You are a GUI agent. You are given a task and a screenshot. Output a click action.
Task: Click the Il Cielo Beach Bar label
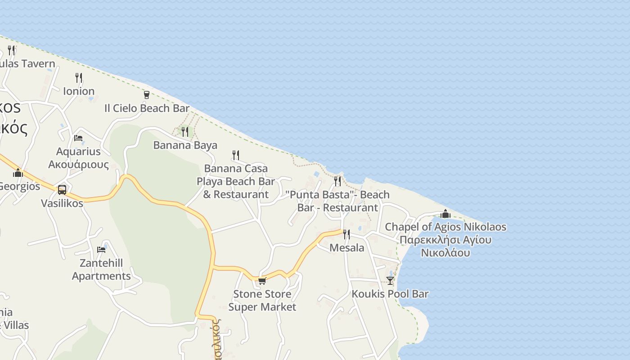coord(147,108)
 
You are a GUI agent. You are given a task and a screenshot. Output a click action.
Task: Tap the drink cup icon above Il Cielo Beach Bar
coord(146,94)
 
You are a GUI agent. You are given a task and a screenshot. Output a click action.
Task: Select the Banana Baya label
coord(185,145)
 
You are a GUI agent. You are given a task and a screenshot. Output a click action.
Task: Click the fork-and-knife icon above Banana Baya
coord(184,131)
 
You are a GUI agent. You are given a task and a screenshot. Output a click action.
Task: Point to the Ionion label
coord(79,91)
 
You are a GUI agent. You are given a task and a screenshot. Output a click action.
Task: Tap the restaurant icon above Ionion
coord(79,77)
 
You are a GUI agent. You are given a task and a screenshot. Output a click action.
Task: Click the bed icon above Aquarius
coord(78,138)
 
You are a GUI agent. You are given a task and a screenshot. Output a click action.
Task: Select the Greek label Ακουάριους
coord(78,164)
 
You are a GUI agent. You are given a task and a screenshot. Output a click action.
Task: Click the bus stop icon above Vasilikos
coord(62,189)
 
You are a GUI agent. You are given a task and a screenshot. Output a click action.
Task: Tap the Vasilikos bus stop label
coord(62,203)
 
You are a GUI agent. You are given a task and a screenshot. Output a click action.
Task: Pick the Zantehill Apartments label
coord(101,270)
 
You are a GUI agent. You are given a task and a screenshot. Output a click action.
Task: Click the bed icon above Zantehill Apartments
coord(101,249)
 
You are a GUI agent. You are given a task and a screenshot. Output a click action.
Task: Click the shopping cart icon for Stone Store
coord(262,281)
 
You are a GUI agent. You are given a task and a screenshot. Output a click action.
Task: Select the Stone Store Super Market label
coord(262,301)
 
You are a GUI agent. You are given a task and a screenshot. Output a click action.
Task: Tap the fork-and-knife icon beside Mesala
coord(346,234)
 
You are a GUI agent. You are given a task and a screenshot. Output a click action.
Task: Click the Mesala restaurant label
coord(346,248)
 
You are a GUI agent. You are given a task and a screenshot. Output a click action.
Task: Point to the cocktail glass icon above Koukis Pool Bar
coord(390,280)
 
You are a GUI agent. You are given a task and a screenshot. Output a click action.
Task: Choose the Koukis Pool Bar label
coord(390,294)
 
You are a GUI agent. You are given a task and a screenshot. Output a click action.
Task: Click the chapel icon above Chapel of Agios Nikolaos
coord(445,213)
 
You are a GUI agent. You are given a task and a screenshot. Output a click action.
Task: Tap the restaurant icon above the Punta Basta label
coord(337,181)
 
